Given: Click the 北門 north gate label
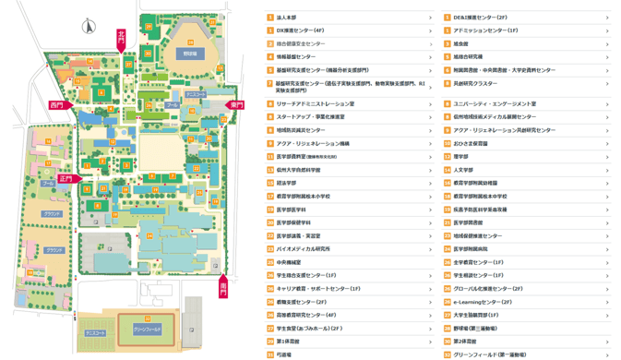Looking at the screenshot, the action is click(121, 38).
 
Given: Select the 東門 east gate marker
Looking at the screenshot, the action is click(237, 105).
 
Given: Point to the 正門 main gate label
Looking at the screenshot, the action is click(66, 178).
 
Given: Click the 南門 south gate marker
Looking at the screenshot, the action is click(223, 288).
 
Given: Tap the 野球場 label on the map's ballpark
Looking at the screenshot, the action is click(189, 54).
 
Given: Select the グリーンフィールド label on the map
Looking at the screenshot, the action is click(148, 329).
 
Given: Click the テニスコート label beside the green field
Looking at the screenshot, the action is click(96, 333).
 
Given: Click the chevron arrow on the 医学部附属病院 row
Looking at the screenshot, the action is click(607, 249).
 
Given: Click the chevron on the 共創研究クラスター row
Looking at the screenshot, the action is click(607, 83).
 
